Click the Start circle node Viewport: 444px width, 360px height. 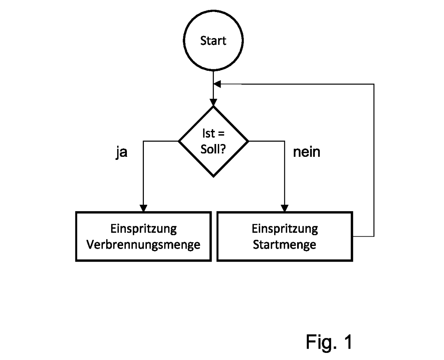tap(213, 41)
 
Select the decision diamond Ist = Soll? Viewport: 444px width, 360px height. tap(213, 141)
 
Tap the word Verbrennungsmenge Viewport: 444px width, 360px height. tap(143, 245)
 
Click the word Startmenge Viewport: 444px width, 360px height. tap(284, 245)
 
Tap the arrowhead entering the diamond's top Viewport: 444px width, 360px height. tap(213, 102)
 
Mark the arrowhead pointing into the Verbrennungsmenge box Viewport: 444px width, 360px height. tap(143, 208)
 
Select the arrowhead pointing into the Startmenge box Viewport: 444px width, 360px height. tap(285, 208)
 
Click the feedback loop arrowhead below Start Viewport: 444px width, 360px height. tap(217, 84)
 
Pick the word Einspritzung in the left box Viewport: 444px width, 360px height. tap(143, 229)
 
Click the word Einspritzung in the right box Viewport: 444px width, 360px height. tap(284, 229)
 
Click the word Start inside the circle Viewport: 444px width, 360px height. tap(213, 41)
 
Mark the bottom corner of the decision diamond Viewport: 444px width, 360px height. tap(213, 176)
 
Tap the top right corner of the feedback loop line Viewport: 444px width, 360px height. tap(374, 84)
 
